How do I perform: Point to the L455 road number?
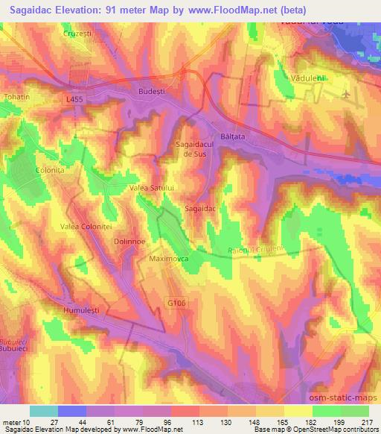(74, 98)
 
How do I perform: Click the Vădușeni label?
(304, 78)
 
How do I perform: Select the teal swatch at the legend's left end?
(44, 411)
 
